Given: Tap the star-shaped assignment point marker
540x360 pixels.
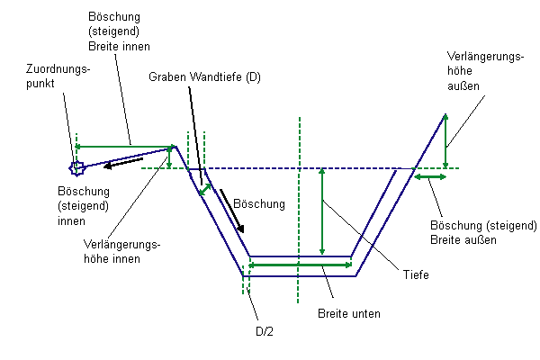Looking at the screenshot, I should point(77,166).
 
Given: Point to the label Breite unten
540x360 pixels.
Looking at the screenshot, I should point(349,314).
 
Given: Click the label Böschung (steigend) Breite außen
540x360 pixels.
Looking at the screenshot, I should point(483,231).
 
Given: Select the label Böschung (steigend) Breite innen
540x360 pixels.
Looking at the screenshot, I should point(120,31).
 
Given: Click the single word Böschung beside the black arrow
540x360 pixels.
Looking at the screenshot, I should point(258,204).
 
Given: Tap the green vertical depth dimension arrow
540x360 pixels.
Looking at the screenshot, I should point(321,212).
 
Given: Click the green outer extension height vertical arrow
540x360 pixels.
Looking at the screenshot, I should point(445,139).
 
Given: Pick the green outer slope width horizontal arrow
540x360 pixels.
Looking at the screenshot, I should point(429,177).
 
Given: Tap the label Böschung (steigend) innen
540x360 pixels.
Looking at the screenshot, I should point(83,205).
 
